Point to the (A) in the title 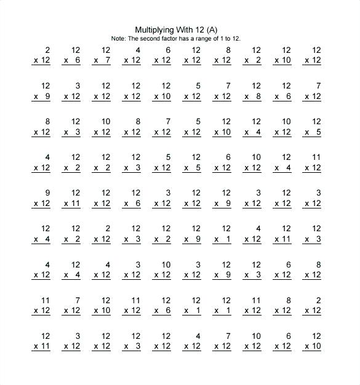(x=213, y=30)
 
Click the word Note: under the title (x=118, y=38)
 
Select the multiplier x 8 (x=252, y=96)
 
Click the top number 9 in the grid (x=47, y=193)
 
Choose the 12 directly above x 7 (x=105, y=50)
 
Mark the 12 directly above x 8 (x=256, y=85)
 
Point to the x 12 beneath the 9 (x=41, y=204)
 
